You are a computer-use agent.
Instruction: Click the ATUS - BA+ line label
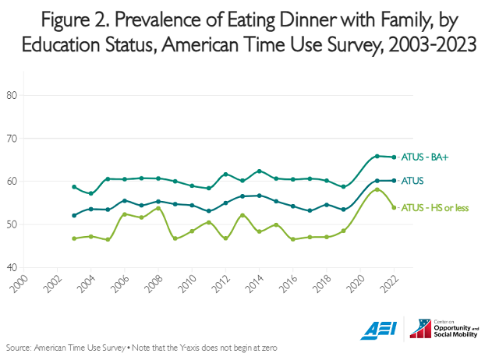(426, 157)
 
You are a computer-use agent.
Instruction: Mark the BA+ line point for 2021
(377, 156)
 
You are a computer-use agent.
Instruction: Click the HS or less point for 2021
(377, 189)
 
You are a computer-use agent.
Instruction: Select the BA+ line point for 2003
(74, 187)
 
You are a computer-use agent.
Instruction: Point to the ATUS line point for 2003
(74, 215)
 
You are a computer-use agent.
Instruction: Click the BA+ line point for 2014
(260, 171)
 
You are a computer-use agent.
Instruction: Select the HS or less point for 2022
(394, 207)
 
